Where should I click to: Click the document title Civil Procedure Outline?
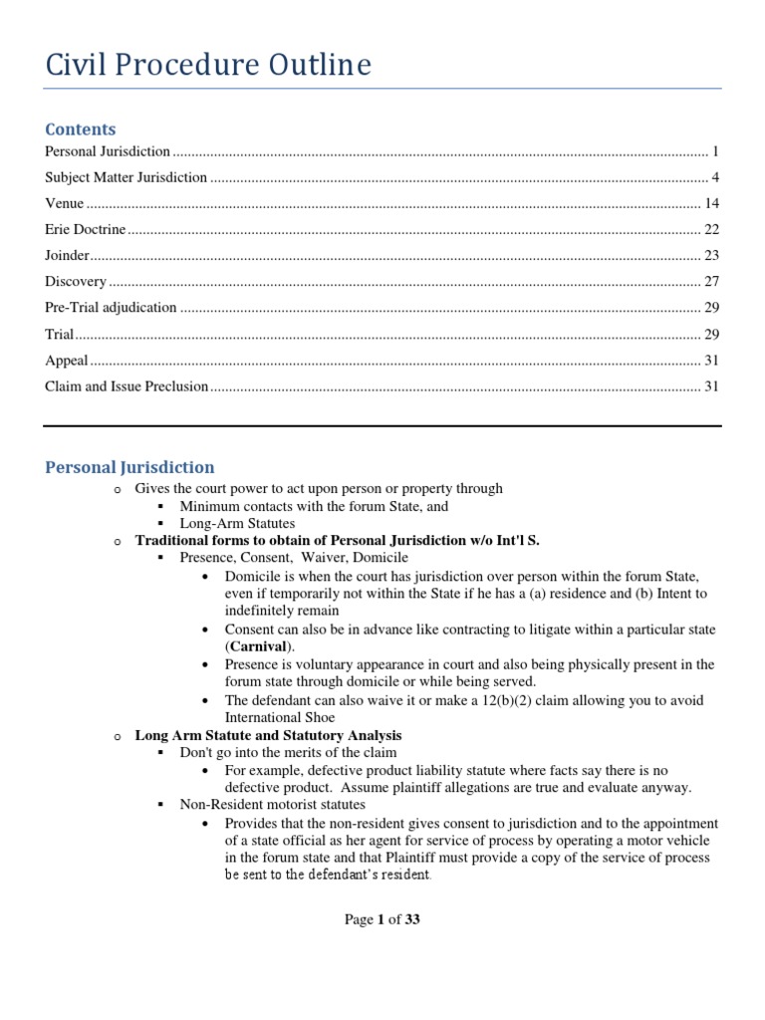click(x=208, y=66)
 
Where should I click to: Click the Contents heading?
click(x=80, y=129)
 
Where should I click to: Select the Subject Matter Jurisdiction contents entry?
click(x=126, y=177)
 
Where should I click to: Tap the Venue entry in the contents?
click(x=65, y=203)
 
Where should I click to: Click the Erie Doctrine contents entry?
click(x=86, y=229)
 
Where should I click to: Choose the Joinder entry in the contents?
click(x=67, y=255)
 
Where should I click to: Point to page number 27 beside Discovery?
click(x=710, y=281)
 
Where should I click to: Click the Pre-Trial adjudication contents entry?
click(x=111, y=308)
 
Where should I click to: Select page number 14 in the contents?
click(x=710, y=203)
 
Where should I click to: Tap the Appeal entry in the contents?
click(x=67, y=360)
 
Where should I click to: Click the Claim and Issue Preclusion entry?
click(x=127, y=385)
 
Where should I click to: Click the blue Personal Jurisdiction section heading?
click(x=129, y=467)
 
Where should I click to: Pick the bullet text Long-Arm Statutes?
click(x=237, y=523)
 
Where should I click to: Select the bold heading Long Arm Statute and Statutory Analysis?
click(x=268, y=735)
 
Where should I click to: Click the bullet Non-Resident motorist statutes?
click(x=272, y=804)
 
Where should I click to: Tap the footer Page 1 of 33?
click(x=382, y=919)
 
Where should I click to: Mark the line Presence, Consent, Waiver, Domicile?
click(x=293, y=558)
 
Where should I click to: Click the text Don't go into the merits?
click(x=288, y=752)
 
